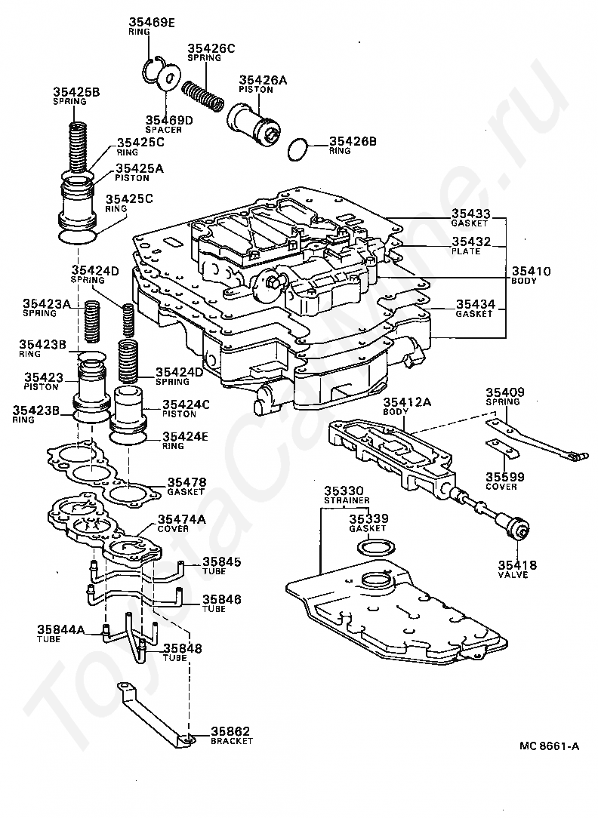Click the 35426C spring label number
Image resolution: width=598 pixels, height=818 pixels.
pyautogui.click(x=211, y=48)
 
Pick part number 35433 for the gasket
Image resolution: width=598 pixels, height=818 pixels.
pyautogui.click(x=471, y=214)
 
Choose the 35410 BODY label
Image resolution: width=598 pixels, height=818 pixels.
pyautogui.click(x=531, y=275)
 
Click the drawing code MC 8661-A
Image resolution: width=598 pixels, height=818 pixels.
pyautogui.click(x=549, y=746)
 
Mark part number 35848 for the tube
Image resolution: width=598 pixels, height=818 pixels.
pyautogui.click(x=183, y=648)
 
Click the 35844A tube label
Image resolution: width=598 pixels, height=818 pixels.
pyautogui.click(x=60, y=633)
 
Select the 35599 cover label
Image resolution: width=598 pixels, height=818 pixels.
pyautogui.click(x=505, y=481)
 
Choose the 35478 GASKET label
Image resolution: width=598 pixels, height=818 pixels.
pyautogui.click(x=186, y=486)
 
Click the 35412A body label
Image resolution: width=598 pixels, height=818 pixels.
pyautogui.click(x=407, y=406)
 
